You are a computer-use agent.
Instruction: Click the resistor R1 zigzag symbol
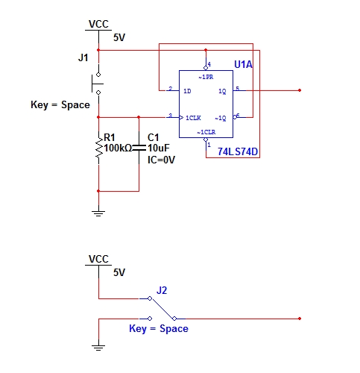coord(99,148)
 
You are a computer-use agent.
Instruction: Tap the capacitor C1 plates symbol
coord(139,148)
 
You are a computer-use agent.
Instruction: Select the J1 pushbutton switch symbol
coord(98,84)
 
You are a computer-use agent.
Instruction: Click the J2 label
coord(162,290)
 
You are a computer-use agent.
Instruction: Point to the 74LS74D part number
coord(238,151)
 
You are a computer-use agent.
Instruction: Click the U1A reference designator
coord(243,64)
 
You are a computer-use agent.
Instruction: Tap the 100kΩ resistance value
coord(118,148)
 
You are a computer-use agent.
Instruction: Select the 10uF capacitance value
coord(159,148)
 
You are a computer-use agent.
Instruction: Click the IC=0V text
coord(161,160)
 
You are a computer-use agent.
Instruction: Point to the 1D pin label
coord(187,91)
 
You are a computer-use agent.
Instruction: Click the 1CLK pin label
coord(193,118)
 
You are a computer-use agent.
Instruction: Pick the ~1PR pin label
coord(206,77)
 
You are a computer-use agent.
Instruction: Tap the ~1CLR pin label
coord(206,132)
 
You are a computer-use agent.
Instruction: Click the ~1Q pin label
coord(221,118)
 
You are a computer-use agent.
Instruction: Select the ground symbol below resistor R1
coord(98,213)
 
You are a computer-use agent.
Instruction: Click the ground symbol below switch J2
coord(98,348)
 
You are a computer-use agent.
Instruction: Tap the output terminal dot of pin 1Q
coord(300,90)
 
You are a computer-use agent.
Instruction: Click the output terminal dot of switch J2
coord(300,319)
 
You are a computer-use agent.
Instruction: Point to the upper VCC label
coord(98,24)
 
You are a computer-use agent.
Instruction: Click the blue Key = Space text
coord(159,329)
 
